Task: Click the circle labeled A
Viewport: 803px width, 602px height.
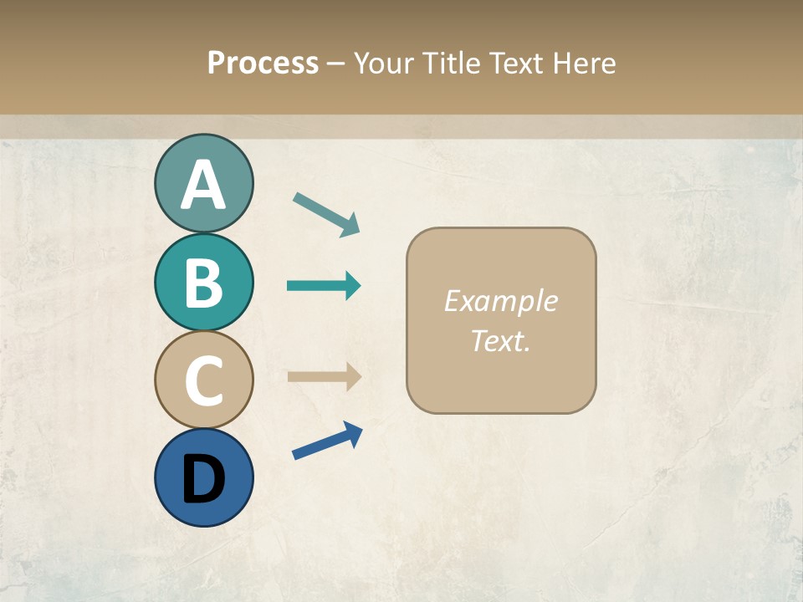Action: pyautogui.click(x=203, y=183)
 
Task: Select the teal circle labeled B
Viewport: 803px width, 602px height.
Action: pyautogui.click(x=203, y=282)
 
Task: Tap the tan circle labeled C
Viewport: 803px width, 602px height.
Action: pyautogui.click(x=203, y=380)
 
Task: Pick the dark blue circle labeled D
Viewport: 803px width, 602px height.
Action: pyautogui.click(x=203, y=477)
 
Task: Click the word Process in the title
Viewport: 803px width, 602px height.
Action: pyautogui.click(x=263, y=63)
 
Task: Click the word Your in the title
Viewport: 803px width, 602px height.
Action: pyautogui.click(x=385, y=63)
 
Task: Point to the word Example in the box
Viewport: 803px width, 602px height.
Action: pyautogui.click(x=500, y=301)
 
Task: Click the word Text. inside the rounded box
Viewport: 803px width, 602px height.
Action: pyautogui.click(x=500, y=340)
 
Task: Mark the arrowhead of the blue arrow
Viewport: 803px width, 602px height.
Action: pyautogui.click(x=353, y=433)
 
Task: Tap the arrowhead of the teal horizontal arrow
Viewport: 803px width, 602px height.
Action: pyautogui.click(x=352, y=286)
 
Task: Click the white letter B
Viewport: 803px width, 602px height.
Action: pyautogui.click(x=203, y=283)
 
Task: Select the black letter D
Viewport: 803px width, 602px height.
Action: pyautogui.click(x=203, y=479)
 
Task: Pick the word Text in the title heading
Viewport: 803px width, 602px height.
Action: pyautogui.click(x=514, y=63)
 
